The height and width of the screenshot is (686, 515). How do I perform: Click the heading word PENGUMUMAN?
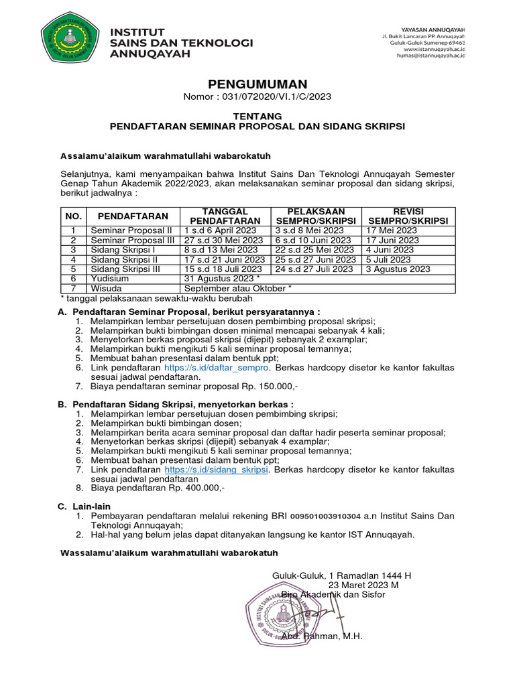pos(257,84)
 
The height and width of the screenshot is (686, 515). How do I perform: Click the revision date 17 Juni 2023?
pos(392,240)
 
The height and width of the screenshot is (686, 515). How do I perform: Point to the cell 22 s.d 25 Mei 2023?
pos(313,249)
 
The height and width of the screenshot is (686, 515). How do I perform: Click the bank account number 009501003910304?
pos(325,517)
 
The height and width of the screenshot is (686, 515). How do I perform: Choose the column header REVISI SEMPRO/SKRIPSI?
pos(407,216)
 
